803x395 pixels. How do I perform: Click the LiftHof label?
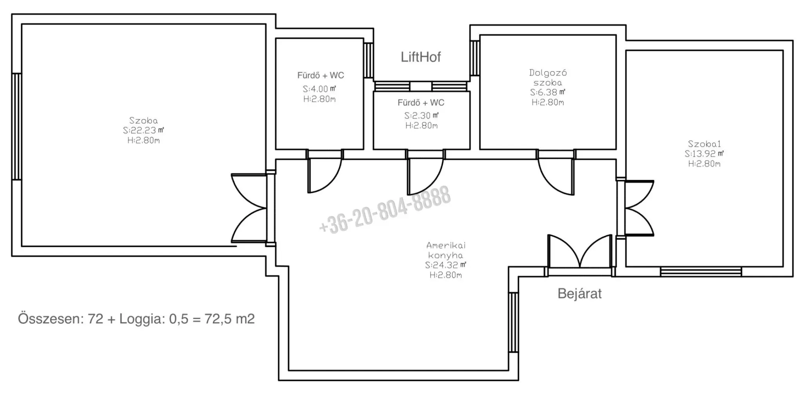(x=421, y=57)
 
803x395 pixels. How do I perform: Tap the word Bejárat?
(x=580, y=294)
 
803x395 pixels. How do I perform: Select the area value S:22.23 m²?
(x=144, y=130)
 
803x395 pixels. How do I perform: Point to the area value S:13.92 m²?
(x=704, y=154)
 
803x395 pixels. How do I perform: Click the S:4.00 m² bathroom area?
(x=320, y=89)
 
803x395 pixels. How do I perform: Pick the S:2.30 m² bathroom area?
(x=421, y=116)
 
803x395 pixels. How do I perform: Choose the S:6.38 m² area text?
(x=548, y=92)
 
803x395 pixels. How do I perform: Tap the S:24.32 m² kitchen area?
(x=446, y=265)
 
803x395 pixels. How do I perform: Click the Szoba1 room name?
(x=704, y=144)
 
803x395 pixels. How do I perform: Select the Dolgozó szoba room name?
(x=548, y=78)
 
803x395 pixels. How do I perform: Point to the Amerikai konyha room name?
(x=446, y=250)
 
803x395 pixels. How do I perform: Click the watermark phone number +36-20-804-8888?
(x=385, y=210)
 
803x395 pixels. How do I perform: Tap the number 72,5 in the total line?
(x=212, y=319)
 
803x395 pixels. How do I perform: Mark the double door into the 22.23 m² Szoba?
(x=249, y=208)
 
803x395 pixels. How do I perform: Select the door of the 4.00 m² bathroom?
(x=325, y=172)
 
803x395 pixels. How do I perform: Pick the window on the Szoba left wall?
(x=16, y=127)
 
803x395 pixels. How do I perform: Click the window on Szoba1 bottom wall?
(x=701, y=272)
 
